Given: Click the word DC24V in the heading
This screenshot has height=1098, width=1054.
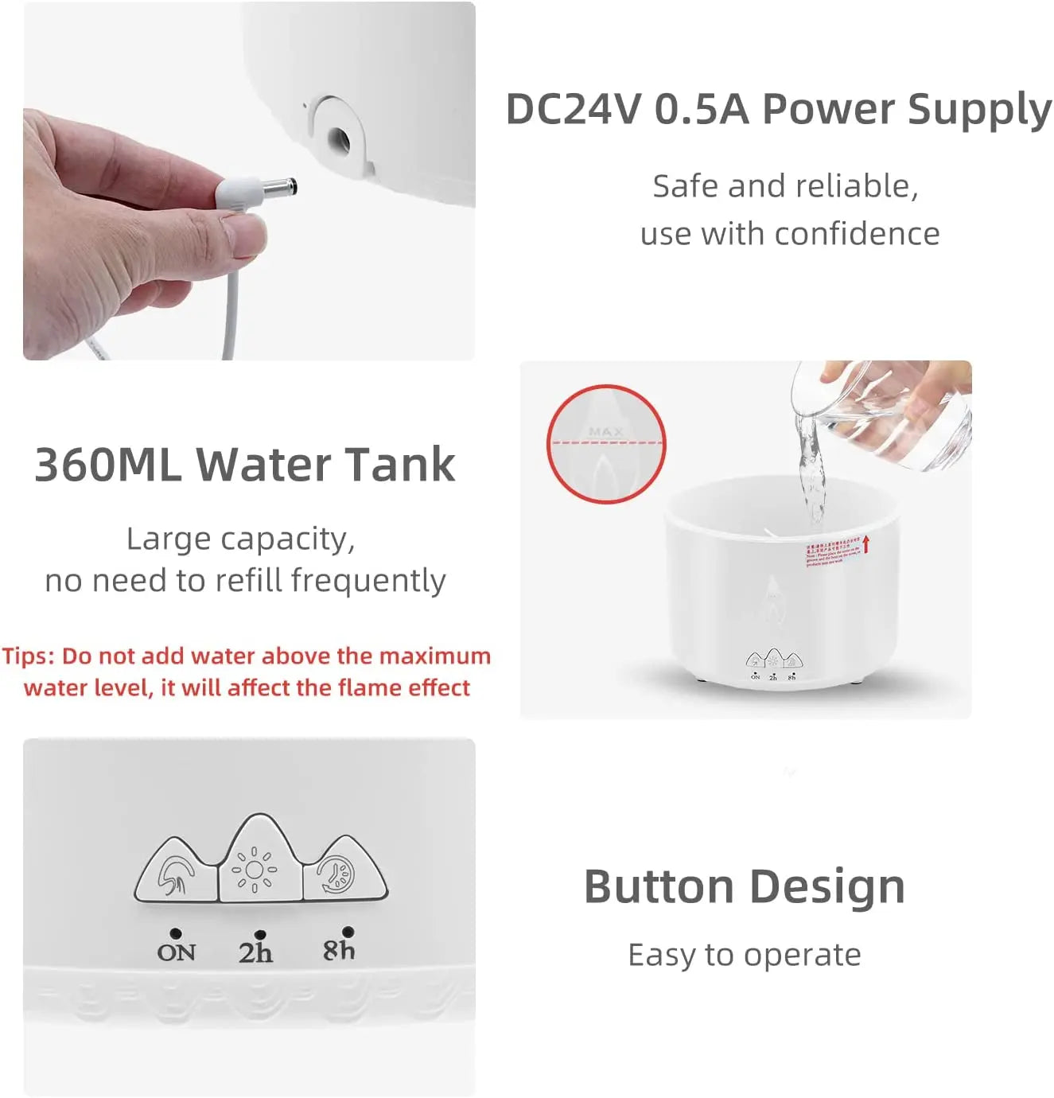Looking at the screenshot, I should click(573, 109).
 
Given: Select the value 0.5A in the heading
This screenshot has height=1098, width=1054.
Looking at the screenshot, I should click(702, 109).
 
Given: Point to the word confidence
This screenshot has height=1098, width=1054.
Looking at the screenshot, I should click(857, 234).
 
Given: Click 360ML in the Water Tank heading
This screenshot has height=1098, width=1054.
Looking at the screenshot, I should click(107, 465).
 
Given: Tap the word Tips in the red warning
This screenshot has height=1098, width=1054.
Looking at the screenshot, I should click(28, 656).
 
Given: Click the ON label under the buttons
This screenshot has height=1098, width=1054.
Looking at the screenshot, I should click(176, 952).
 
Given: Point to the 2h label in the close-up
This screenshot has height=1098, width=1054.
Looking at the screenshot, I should click(255, 952).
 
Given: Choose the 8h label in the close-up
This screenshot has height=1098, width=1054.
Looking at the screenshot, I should click(339, 949).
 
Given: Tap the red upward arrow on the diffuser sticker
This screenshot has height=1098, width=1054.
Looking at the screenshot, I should click(866, 543).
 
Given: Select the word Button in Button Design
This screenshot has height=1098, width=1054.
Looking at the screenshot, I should click(659, 887).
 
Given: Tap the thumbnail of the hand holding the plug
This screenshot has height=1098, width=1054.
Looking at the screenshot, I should click(249, 181).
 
